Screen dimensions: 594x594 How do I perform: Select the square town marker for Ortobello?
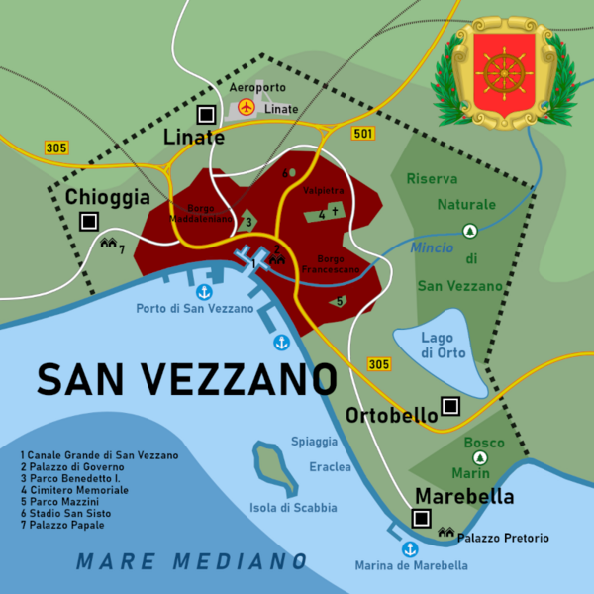click(451, 405)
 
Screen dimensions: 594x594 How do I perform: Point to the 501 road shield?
click(363, 133)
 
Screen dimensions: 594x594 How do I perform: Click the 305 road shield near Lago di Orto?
click(378, 364)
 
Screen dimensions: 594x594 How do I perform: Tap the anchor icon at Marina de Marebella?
click(408, 548)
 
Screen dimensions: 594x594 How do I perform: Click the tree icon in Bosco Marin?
click(480, 458)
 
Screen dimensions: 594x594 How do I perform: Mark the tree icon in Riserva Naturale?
click(470, 230)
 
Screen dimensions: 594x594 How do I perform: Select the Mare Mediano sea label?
click(192, 561)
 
